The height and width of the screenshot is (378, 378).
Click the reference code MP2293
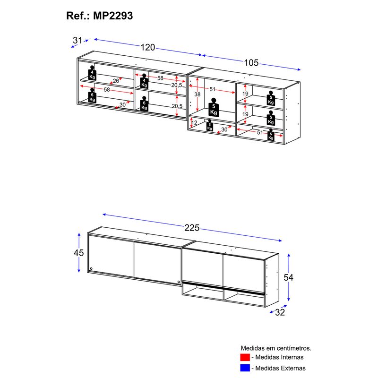tap(113, 16)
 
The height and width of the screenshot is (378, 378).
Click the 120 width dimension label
tap(148, 47)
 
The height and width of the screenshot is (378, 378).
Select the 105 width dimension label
tap(251, 63)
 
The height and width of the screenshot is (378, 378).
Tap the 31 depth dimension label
tap(77, 40)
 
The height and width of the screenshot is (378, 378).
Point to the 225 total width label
tap(192, 228)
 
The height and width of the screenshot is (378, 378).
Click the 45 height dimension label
tap(79, 253)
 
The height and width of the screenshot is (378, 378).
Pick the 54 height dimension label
tap(288, 277)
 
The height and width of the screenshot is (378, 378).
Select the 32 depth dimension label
tap(280, 312)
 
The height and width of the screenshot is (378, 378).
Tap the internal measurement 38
tap(198, 94)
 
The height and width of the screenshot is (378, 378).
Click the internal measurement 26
tap(116, 81)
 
